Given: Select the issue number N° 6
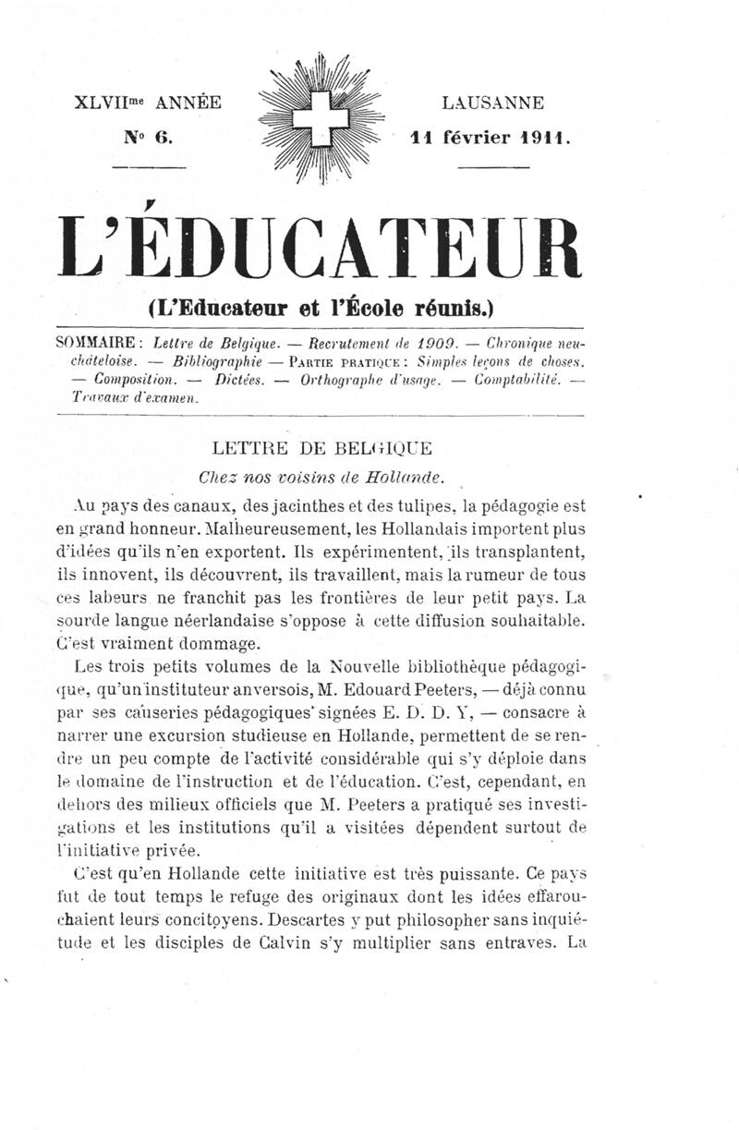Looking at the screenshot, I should tap(149, 137).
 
